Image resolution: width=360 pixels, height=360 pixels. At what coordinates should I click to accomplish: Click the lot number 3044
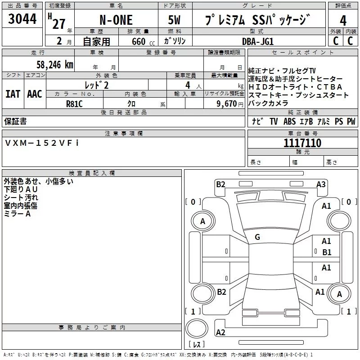22,19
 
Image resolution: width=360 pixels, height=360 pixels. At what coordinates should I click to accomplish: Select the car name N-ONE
116,21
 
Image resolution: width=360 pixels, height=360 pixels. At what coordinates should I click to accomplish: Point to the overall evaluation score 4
343,20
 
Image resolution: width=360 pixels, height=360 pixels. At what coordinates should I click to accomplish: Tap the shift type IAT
13,94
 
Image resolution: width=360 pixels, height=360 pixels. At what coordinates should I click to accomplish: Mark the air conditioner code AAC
34,94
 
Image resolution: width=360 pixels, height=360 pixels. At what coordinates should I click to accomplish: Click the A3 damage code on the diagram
321,184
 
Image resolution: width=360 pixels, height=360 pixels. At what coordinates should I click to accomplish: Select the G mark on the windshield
257,237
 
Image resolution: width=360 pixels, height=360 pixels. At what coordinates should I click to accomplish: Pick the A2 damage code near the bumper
220,333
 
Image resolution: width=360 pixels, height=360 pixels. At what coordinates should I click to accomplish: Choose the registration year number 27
58,24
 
